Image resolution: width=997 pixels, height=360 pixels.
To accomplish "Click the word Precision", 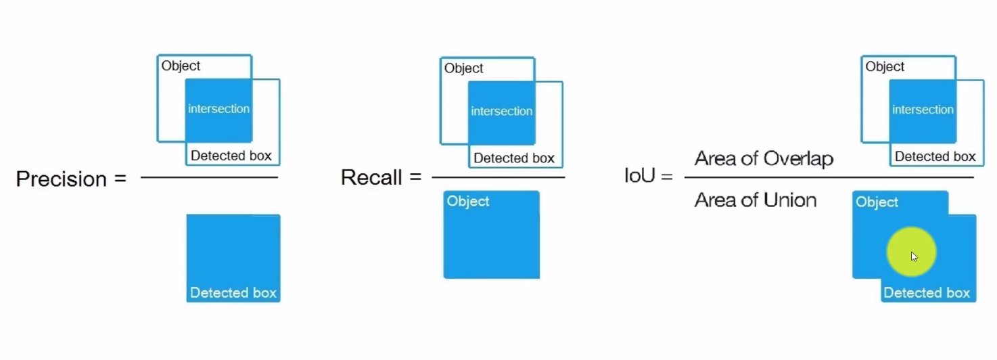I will [x=62, y=179].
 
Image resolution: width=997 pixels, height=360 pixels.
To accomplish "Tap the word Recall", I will [x=371, y=177].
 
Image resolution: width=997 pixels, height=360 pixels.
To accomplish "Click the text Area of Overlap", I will [x=764, y=158].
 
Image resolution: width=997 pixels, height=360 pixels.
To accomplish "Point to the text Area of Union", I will [x=756, y=200].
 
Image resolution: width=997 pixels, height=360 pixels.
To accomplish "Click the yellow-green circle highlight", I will [x=911, y=252].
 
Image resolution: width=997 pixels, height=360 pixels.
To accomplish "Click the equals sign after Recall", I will [x=415, y=178].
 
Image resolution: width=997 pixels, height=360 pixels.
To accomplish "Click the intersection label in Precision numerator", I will [x=218, y=108].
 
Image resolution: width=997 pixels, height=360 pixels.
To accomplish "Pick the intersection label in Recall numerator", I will [x=501, y=111].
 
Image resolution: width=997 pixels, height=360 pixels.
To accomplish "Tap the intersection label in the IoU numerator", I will [x=923, y=109].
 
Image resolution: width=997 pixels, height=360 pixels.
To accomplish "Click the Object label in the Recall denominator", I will [x=468, y=201].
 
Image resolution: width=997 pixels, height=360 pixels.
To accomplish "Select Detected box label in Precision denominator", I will [x=233, y=292].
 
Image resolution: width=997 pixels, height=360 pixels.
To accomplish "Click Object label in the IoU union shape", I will [x=877, y=202].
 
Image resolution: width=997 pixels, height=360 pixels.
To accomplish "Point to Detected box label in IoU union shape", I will [x=927, y=292].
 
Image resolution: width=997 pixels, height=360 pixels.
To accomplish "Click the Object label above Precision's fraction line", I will [x=181, y=66].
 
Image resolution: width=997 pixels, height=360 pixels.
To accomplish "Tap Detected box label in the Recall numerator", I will [x=514, y=158].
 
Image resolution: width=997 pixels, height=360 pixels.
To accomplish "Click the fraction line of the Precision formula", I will [x=209, y=177].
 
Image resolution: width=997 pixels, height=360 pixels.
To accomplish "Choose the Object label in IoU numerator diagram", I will [x=885, y=66].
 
